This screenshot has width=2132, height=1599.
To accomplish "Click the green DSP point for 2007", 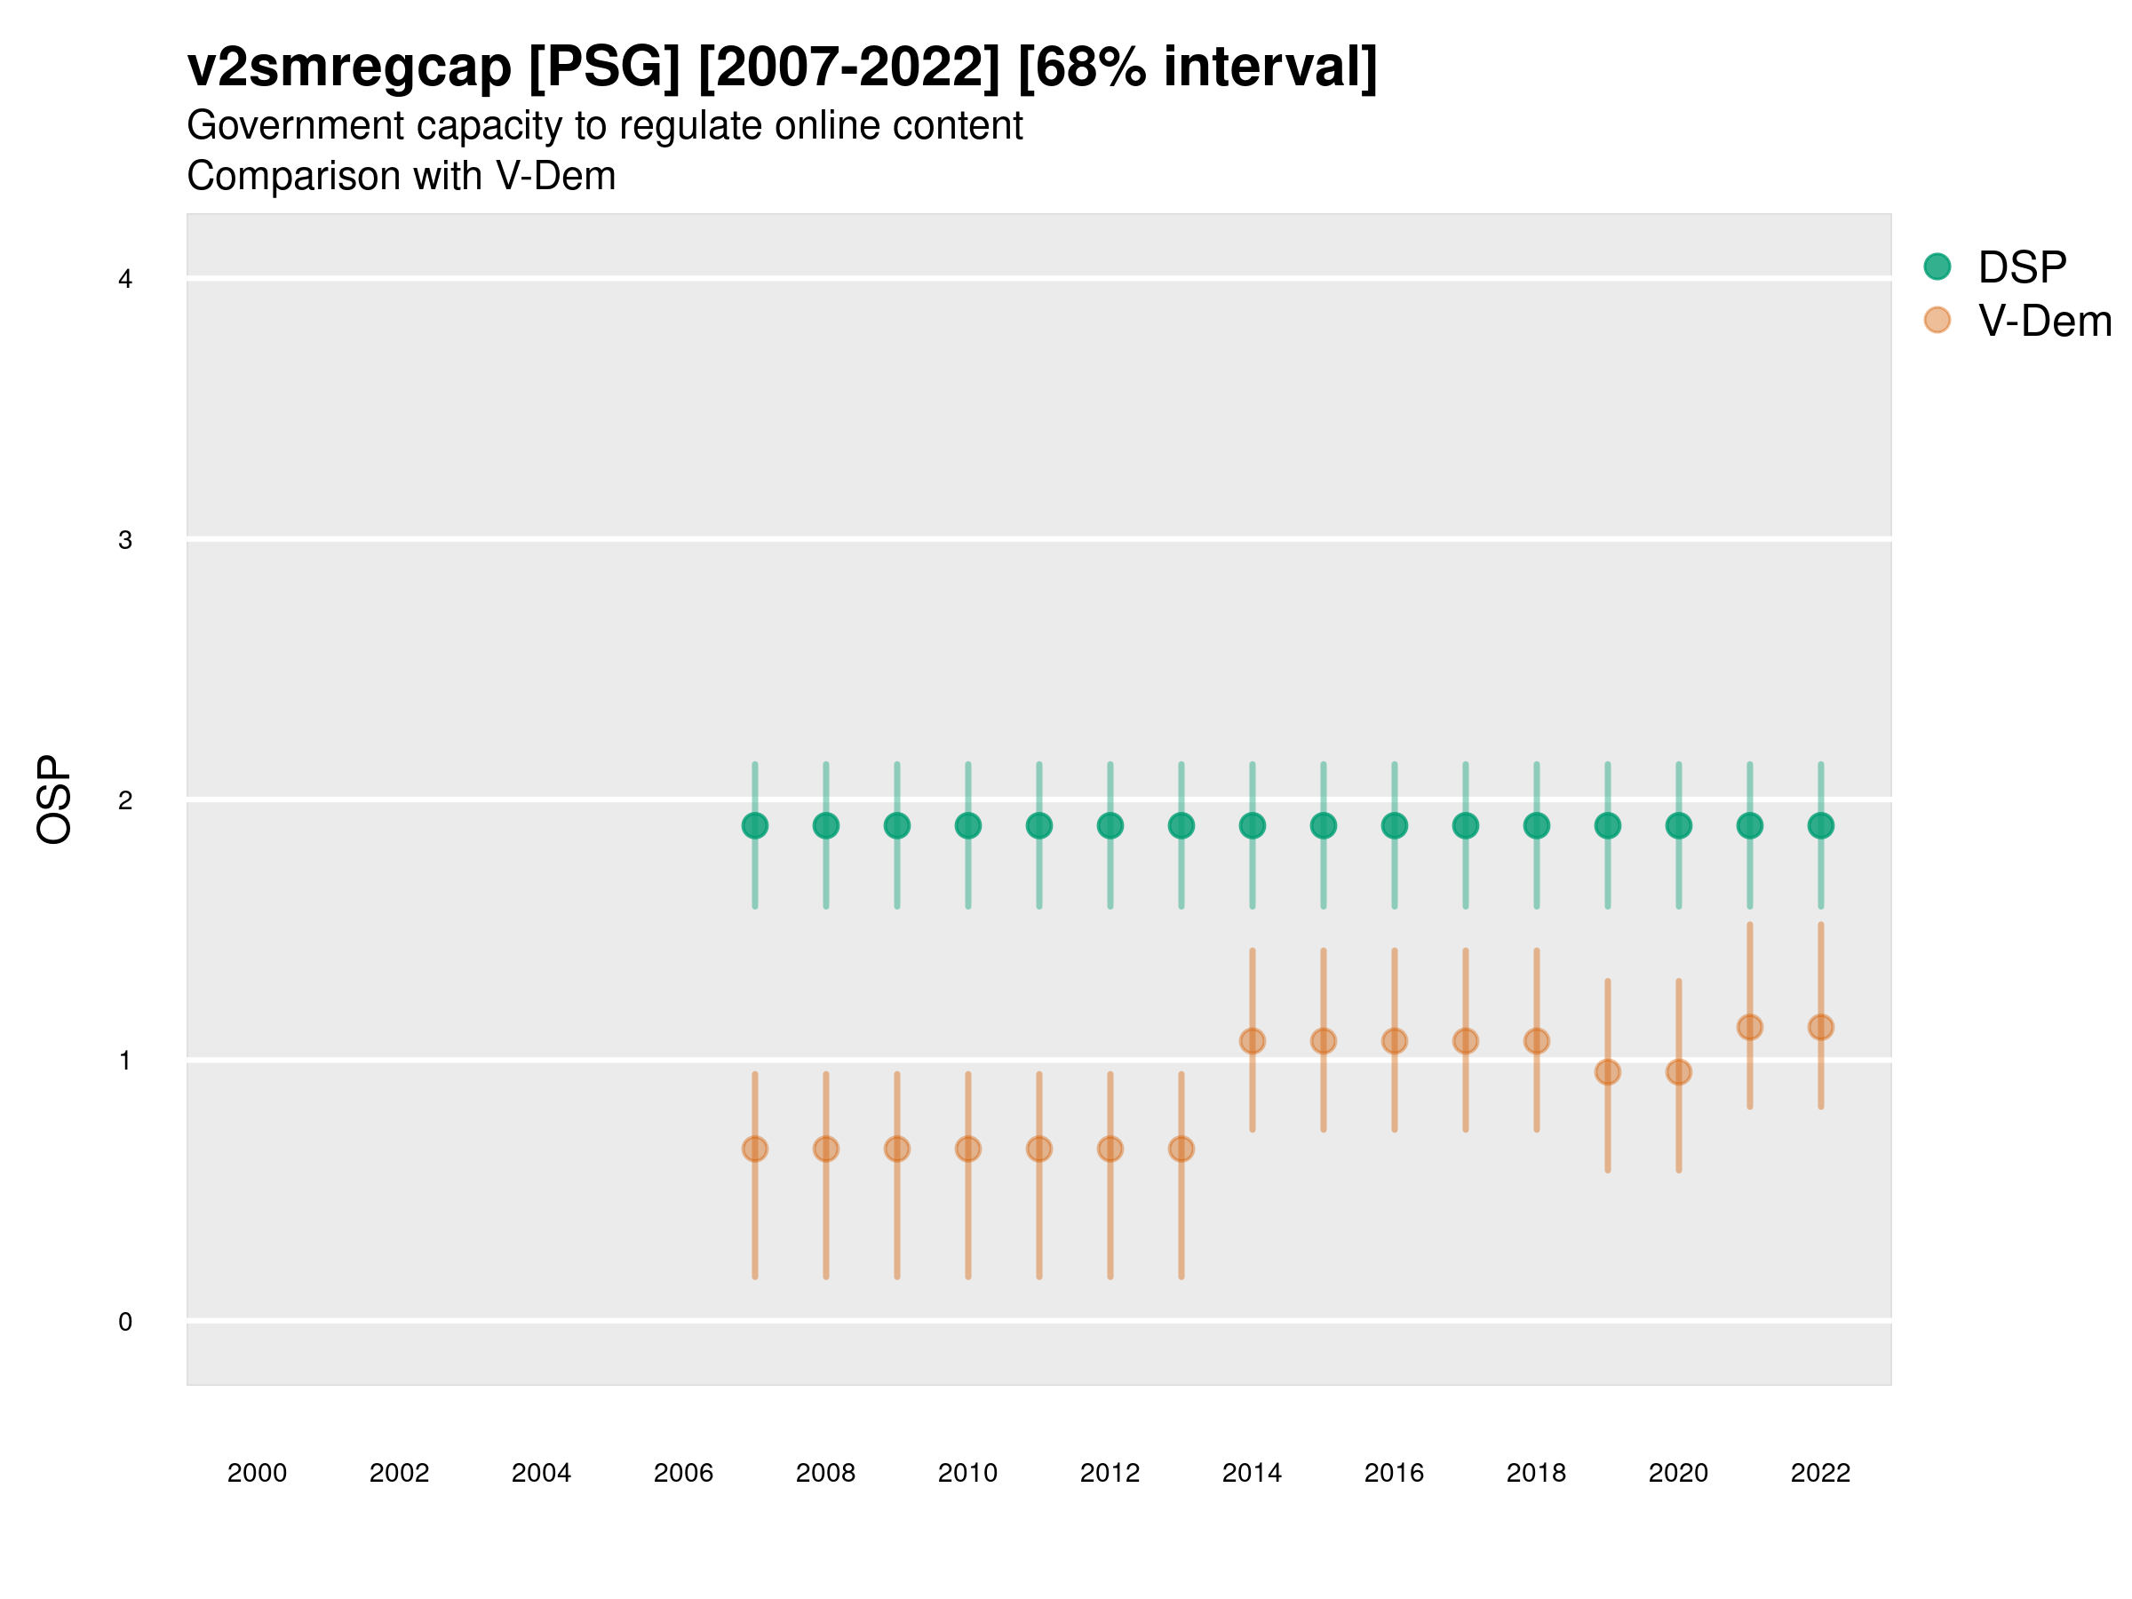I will (x=755, y=826).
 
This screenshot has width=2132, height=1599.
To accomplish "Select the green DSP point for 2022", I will (x=1821, y=826).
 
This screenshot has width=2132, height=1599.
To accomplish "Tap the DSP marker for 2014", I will (x=1252, y=826).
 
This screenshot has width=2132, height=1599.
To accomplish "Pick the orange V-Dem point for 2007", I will (x=755, y=1149).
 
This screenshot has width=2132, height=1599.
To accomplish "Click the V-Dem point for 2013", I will (x=1181, y=1149).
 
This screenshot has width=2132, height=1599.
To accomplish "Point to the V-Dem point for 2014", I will (x=1252, y=1041).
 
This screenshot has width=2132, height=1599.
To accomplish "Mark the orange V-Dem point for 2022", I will (x=1821, y=1028).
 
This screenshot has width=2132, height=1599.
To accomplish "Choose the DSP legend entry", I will (x=2021, y=267).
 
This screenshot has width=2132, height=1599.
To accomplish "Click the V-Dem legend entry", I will (x=2043, y=321).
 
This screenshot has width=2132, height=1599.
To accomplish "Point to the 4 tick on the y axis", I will (x=125, y=280).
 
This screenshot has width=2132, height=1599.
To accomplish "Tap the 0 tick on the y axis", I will (x=125, y=1322).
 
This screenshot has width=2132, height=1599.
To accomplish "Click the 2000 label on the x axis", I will (x=258, y=1473).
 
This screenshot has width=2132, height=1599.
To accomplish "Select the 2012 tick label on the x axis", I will (x=1110, y=1473).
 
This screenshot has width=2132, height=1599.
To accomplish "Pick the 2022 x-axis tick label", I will (x=1821, y=1473).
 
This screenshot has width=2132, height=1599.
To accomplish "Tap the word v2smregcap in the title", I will (x=349, y=68).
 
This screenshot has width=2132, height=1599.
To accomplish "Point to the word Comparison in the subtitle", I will (x=330, y=177).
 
